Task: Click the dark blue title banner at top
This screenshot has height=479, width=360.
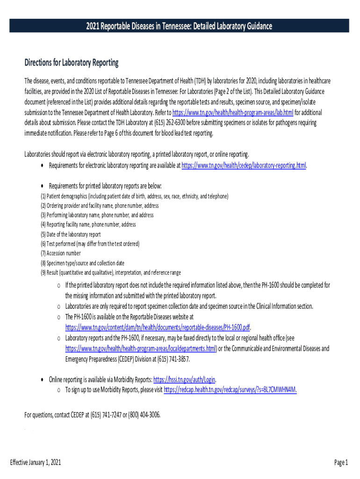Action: [x=179, y=26]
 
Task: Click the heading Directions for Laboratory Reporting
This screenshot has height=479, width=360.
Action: [x=72, y=63]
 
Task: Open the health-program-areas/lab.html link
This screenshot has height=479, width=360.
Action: [x=233, y=113]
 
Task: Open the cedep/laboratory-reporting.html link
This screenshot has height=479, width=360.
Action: [x=244, y=165]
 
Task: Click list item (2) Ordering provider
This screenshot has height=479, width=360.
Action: [x=100, y=206]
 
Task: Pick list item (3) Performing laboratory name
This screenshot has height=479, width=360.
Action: [x=97, y=215]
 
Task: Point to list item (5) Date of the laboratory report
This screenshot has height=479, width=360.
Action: [x=71, y=234]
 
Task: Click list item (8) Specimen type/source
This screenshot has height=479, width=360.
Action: [x=82, y=263]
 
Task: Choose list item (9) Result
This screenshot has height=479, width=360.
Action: [x=111, y=273]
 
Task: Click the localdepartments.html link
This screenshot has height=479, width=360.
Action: [x=141, y=348]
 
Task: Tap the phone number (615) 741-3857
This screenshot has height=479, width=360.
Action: [x=173, y=359]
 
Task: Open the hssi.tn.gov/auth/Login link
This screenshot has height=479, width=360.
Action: [x=184, y=379]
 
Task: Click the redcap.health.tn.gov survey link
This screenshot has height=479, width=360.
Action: [x=230, y=390]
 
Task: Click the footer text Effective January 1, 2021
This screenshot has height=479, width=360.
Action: [x=36, y=463]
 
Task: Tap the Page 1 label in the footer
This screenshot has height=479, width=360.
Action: [x=341, y=463]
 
